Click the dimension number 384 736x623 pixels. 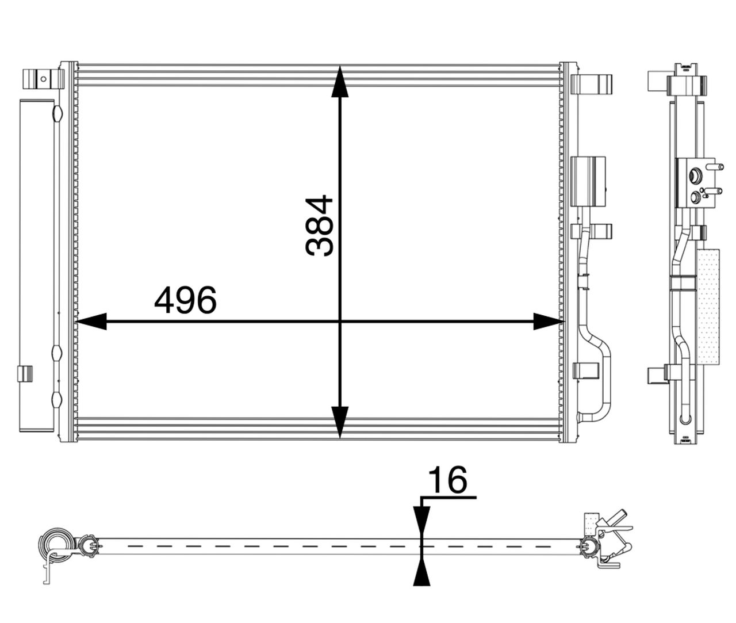tap(319, 225)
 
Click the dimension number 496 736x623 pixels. tap(186, 300)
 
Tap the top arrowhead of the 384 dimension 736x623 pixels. tap(340, 81)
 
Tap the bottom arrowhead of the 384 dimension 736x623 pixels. tap(340, 422)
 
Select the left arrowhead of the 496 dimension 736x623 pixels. tap(91, 322)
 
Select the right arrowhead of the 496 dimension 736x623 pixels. tap(549, 322)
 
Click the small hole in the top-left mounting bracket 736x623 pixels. tap(43, 79)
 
